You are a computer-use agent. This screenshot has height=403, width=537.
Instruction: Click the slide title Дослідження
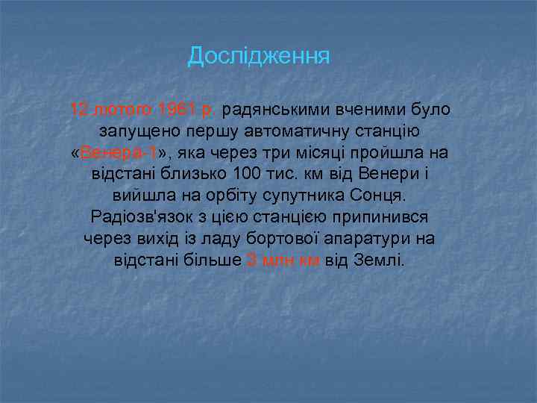[258, 56]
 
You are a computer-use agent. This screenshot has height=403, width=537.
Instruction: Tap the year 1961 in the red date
[177, 110]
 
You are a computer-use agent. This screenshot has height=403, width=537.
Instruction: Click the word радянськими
[273, 110]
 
